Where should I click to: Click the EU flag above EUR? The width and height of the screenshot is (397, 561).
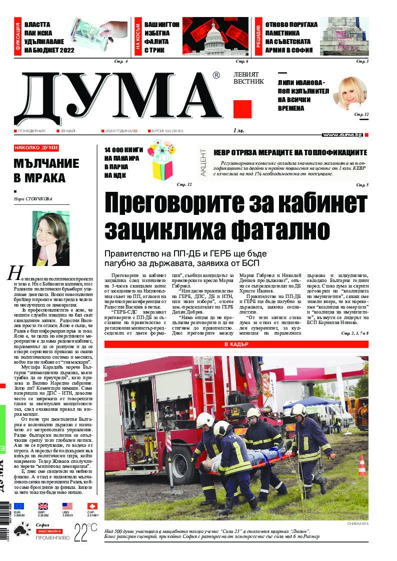(19, 506)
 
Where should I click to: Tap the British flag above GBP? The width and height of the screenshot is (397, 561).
(43, 506)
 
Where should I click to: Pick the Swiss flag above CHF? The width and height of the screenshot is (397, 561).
(92, 506)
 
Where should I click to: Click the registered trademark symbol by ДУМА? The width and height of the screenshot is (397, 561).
(216, 76)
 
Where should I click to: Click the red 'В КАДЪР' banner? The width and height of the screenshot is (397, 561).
(236, 344)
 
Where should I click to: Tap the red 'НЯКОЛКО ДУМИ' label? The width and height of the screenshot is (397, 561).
(36, 148)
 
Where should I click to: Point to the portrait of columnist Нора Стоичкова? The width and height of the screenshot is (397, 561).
(50, 238)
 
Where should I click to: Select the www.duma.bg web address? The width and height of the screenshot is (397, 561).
(342, 135)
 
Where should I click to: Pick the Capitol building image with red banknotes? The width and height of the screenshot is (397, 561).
(216, 36)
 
